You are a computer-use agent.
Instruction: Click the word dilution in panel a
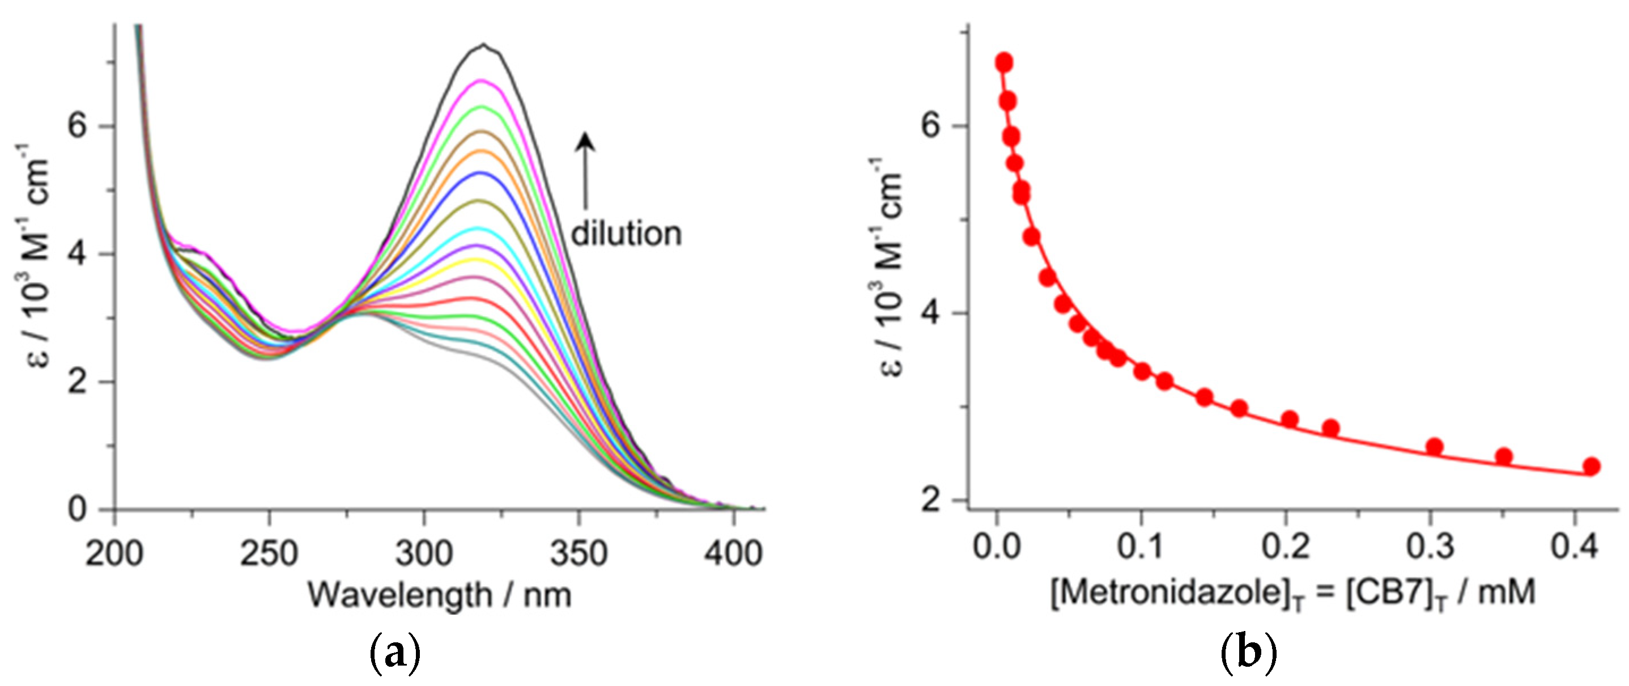pyautogui.click(x=626, y=234)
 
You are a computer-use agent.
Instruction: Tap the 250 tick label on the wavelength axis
pyautogui.click(x=269, y=553)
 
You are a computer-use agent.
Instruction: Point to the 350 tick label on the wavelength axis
pyautogui.click(x=578, y=553)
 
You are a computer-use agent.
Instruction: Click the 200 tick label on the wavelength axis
pyautogui.click(x=114, y=553)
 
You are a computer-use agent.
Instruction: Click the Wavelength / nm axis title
pyautogui.click(x=440, y=595)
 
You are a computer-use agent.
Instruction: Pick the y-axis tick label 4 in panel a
pyautogui.click(x=77, y=255)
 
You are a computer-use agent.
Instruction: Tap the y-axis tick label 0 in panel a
pyautogui.click(x=77, y=509)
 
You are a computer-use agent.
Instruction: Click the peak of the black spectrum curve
pyautogui.click(x=484, y=45)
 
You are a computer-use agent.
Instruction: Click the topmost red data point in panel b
pyautogui.click(x=1003, y=62)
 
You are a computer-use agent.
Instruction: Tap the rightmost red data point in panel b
pyautogui.click(x=1591, y=467)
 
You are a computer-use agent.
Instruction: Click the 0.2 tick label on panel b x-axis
pyautogui.click(x=1285, y=545)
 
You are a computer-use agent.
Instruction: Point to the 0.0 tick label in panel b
pyautogui.click(x=997, y=545)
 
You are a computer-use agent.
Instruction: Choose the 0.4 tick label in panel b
pyautogui.click(x=1574, y=545)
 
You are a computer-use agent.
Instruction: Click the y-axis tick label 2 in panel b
pyautogui.click(x=931, y=501)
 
